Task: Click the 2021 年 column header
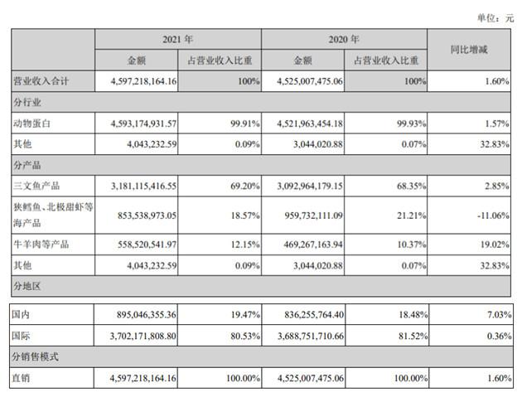point(177,39)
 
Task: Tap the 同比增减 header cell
point(469,50)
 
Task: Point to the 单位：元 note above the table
point(494,17)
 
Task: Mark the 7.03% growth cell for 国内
point(489,314)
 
